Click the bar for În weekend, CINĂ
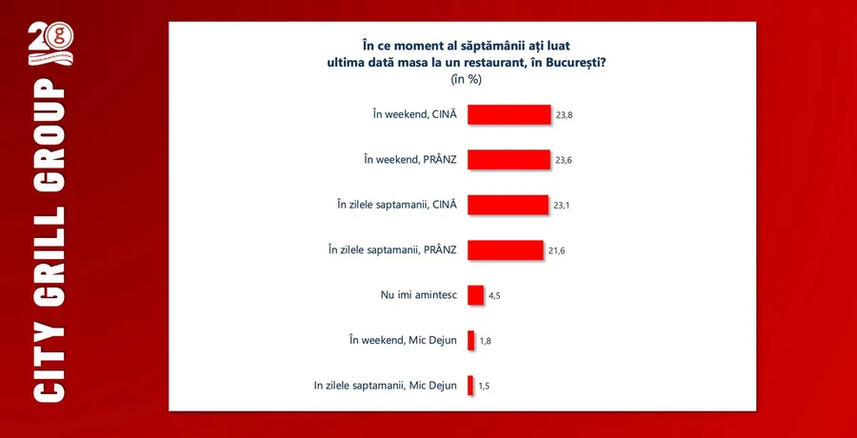(509, 114)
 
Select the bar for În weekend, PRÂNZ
(508, 159)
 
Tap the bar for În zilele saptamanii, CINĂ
(508, 205)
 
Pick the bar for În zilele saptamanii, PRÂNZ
(505, 249)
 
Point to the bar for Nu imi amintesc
(475, 295)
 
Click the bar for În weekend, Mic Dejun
(470, 340)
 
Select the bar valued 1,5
(470, 386)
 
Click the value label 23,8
(564, 115)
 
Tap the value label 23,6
(564, 160)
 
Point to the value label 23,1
(562, 206)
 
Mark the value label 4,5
(495, 296)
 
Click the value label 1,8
(485, 341)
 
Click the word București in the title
(568, 62)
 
